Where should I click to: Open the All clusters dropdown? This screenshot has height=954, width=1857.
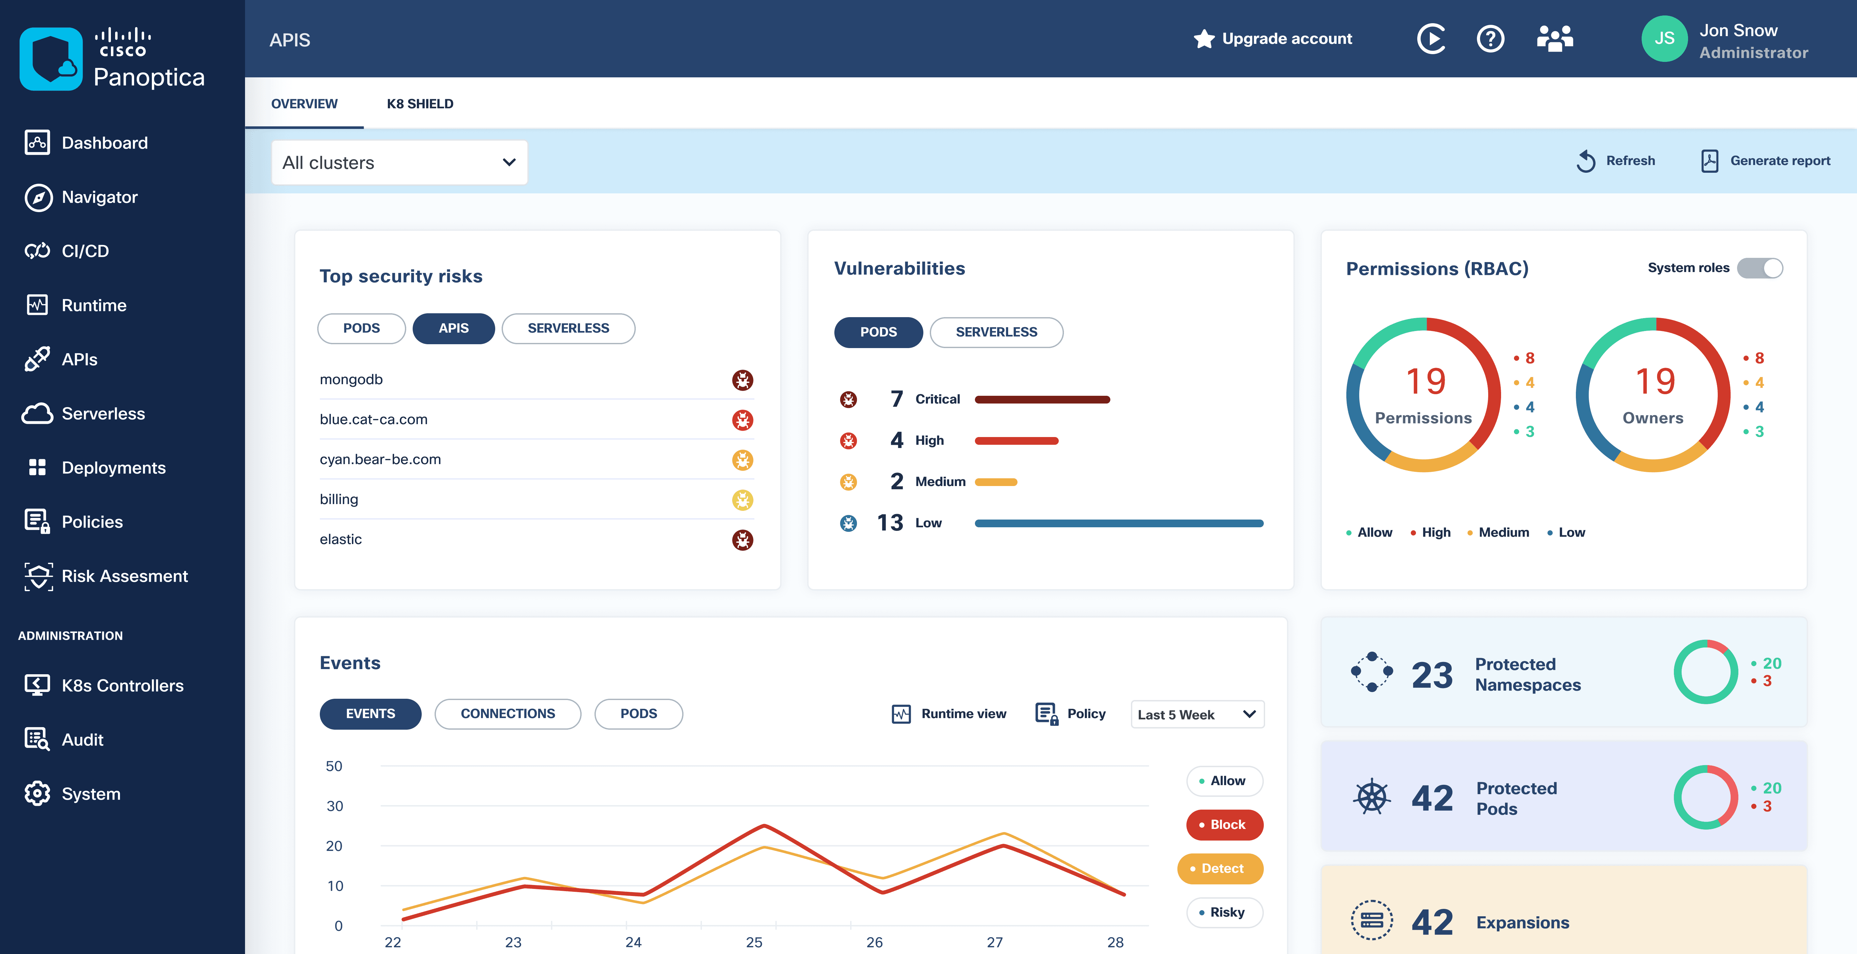[x=399, y=163]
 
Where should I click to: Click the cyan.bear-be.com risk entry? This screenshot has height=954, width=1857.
[x=380, y=460]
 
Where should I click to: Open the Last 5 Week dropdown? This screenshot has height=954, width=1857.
[x=1197, y=714]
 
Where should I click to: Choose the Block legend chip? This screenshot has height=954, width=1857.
[x=1224, y=824]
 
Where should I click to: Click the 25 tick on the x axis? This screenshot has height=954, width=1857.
[x=753, y=942]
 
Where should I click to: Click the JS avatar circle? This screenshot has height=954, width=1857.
[x=1664, y=39]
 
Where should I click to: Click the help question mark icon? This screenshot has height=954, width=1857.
[x=1490, y=39]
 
